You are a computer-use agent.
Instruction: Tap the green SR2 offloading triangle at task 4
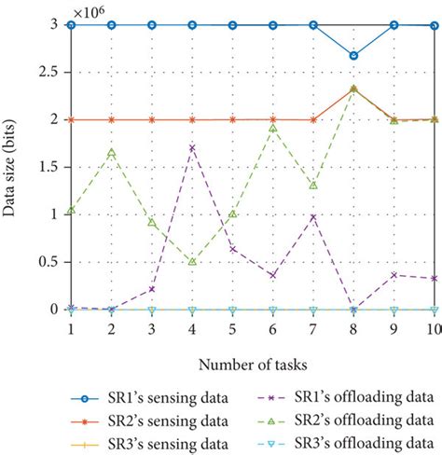pyautogui.click(x=192, y=262)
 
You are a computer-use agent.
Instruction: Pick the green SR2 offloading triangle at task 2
pyautogui.click(x=111, y=152)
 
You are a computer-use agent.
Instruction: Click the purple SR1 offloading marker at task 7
pyautogui.click(x=313, y=216)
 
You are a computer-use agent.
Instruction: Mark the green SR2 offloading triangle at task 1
pyautogui.click(x=71, y=210)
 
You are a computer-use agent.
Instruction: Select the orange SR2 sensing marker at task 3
pyautogui.click(x=152, y=119)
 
